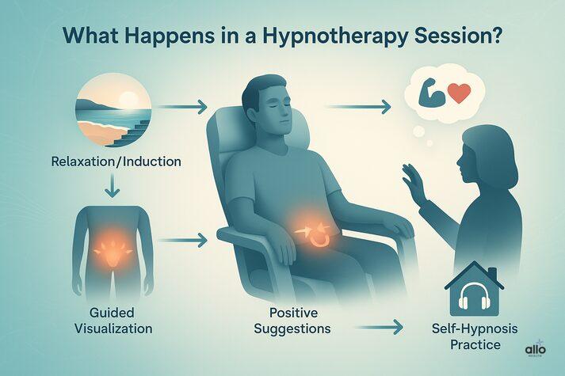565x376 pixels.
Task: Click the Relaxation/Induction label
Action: click(x=116, y=162)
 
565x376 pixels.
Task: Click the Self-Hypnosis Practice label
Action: click(x=474, y=336)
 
